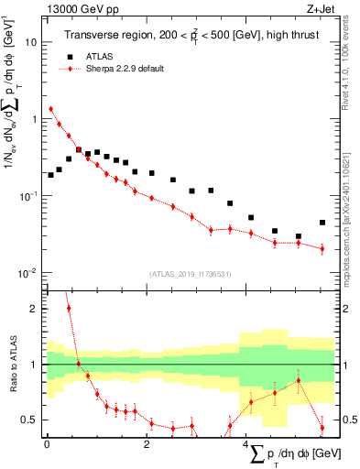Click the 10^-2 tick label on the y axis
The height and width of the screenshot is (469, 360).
tap(29, 273)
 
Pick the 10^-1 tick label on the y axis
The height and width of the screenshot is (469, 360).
tap(29, 196)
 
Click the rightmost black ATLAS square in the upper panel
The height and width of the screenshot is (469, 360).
tap(322, 223)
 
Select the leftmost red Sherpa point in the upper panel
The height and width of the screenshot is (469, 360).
tap(51, 109)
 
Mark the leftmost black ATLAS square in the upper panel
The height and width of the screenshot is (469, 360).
tap(51, 175)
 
